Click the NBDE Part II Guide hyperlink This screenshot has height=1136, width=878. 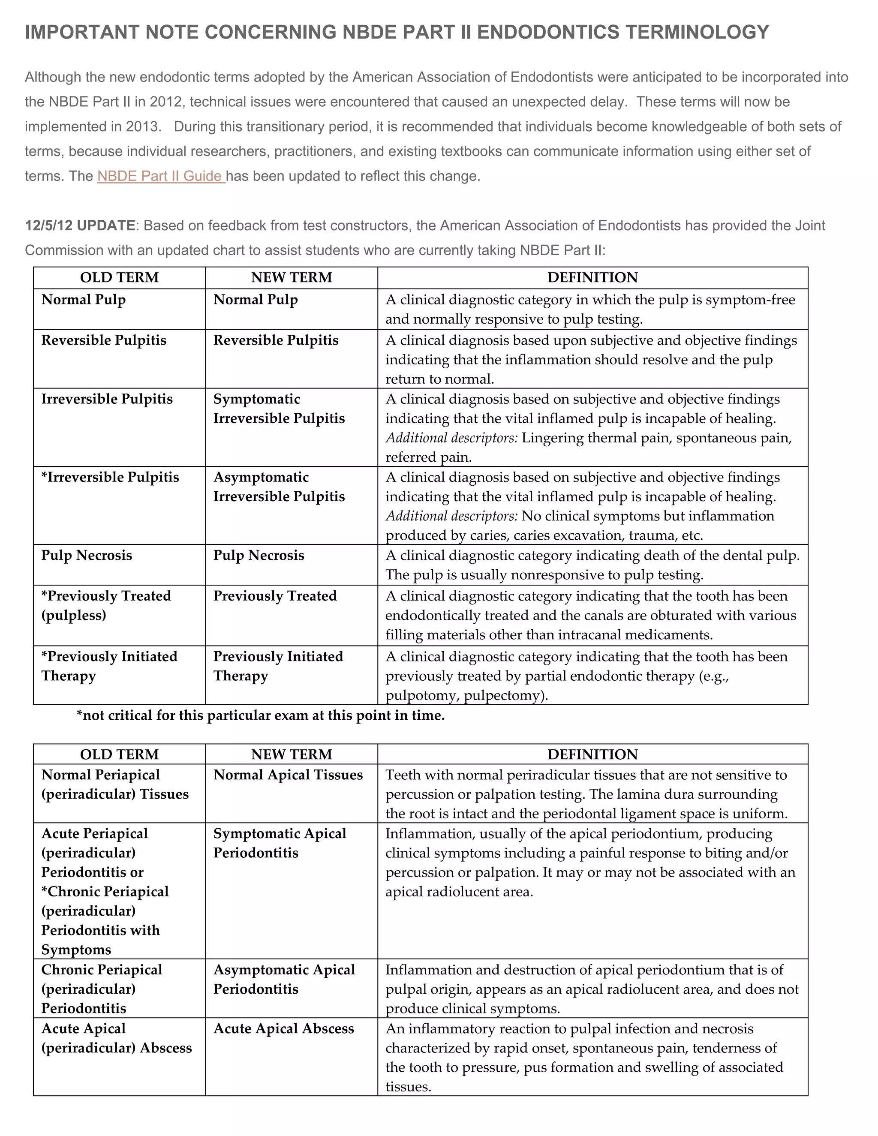[160, 176]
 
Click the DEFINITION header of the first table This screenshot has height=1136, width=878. [592, 277]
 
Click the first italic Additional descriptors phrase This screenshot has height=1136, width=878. [451, 438]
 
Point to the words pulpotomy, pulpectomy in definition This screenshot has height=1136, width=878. [466, 695]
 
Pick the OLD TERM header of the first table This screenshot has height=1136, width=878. [119, 277]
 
